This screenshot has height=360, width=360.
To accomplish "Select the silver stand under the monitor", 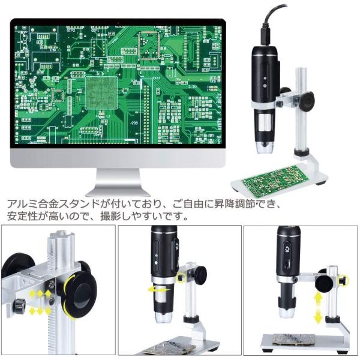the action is click(x=118, y=182).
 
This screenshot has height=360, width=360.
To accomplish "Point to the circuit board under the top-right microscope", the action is click(x=276, y=178).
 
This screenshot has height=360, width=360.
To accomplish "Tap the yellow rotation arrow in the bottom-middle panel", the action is click(x=160, y=290).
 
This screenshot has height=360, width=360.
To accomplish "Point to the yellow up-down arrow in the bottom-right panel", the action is click(x=317, y=306).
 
